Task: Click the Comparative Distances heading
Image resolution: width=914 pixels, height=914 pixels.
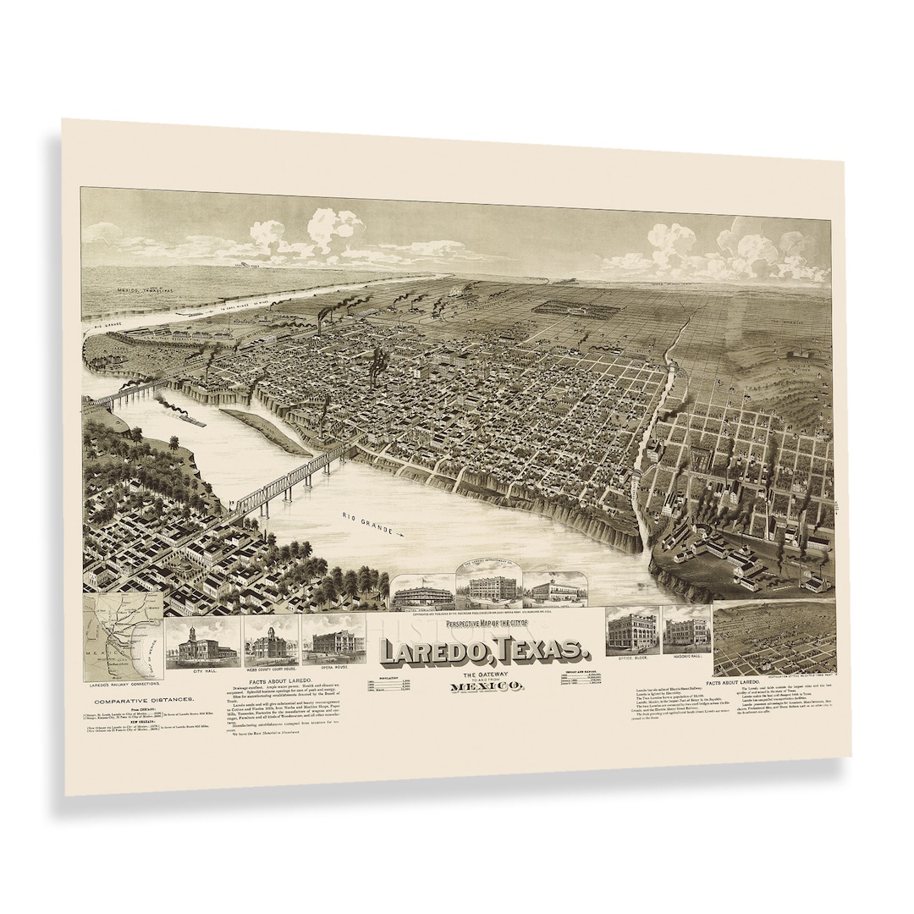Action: [x=143, y=700]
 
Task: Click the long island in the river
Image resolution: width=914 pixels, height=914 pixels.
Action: [x=264, y=429]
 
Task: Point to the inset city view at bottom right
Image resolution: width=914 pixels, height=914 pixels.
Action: [x=774, y=638]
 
